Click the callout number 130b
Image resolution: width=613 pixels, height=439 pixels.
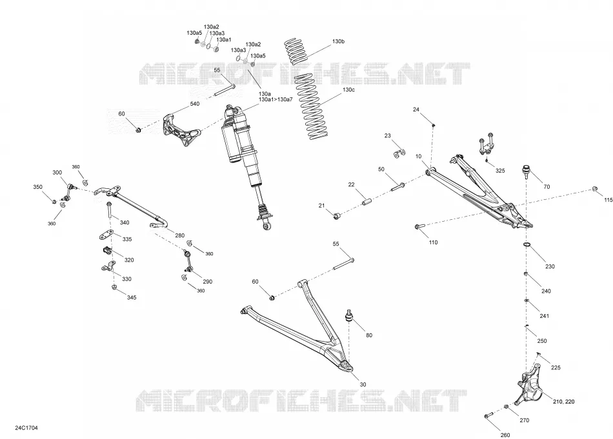click(338, 41)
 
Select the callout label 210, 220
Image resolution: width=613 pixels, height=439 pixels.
click(564, 401)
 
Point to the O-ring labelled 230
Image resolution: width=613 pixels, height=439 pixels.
click(527, 244)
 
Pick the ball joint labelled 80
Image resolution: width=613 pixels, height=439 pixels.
click(349, 315)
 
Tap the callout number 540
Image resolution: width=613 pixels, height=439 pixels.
click(194, 104)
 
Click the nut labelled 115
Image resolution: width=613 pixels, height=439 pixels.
click(595, 189)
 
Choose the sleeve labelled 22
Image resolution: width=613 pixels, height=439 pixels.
click(368, 202)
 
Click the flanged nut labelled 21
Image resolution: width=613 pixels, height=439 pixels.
click(337, 215)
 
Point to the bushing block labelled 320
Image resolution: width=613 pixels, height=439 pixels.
click(106, 249)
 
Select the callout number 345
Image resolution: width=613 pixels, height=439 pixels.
click(132, 297)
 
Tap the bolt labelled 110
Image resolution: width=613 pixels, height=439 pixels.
click(419, 226)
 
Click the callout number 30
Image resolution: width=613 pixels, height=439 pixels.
click(363, 384)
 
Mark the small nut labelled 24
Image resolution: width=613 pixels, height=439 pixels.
click(433, 125)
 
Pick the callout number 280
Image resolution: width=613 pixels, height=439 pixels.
click(179, 235)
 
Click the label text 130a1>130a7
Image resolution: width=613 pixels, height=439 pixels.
click(276, 99)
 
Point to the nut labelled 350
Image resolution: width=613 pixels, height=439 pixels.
click(55, 201)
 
